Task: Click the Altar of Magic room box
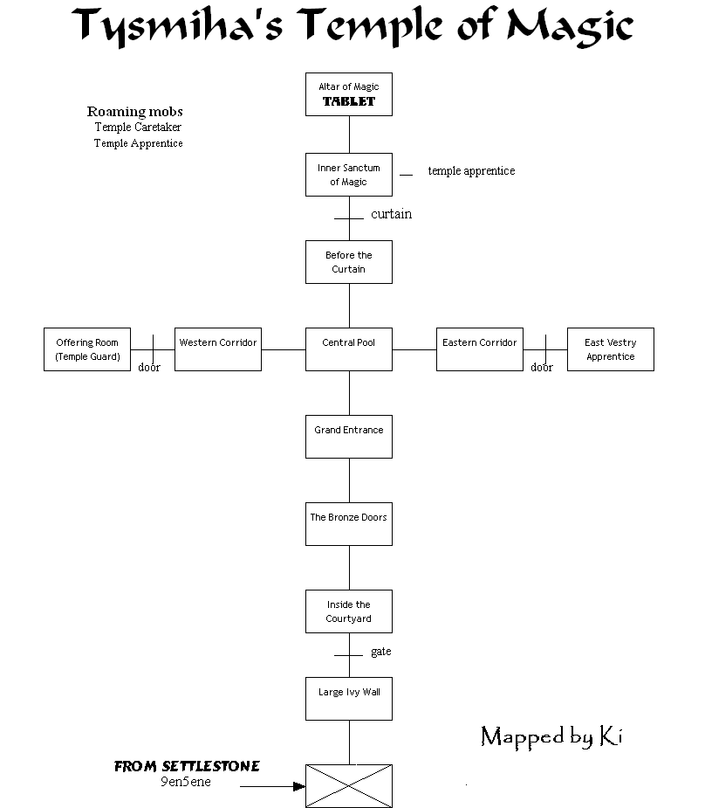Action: pos(349,94)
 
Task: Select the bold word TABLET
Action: pos(349,101)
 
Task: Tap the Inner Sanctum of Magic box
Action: pos(349,175)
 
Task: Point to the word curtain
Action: pos(391,214)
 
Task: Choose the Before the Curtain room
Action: pos(349,262)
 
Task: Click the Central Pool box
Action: pos(349,349)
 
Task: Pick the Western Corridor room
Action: pos(218,349)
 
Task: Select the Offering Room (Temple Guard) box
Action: pos(87,349)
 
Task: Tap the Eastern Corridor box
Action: pos(480,349)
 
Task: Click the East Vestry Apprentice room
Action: pos(611,349)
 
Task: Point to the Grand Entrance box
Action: pos(349,437)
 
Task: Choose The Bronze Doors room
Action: pos(349,524)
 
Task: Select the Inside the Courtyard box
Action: pos(349,611)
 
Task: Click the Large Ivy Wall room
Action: pos(349,699)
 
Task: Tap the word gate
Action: pos(380,652)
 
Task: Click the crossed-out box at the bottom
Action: pos(349,786)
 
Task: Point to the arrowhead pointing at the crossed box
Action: pos(299,786)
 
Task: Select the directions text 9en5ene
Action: pos(186,782)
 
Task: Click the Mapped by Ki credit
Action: pos(551,737)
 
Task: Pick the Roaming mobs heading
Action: pos(135,112)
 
